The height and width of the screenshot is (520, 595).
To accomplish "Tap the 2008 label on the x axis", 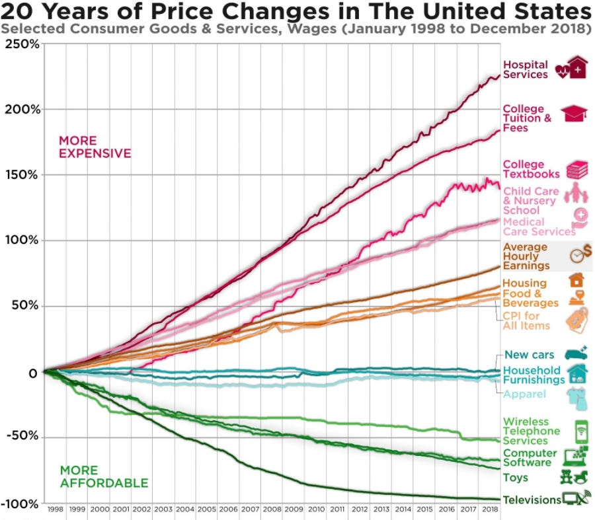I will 271,510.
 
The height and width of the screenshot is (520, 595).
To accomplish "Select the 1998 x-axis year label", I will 56,510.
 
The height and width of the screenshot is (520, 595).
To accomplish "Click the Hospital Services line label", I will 525,69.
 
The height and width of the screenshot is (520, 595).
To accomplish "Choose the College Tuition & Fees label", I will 527,118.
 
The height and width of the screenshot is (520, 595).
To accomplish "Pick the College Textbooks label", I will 531,169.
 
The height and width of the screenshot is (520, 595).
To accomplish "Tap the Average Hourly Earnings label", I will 526,256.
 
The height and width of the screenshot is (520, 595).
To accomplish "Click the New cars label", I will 529,355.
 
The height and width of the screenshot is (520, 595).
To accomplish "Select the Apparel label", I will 524,394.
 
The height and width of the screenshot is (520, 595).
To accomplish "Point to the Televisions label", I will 532,500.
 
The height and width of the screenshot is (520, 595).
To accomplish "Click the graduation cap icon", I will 575,114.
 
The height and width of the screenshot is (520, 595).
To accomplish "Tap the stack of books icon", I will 577,169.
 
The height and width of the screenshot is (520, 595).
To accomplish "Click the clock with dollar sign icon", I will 580,254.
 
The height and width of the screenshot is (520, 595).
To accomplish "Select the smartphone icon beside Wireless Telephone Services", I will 582,431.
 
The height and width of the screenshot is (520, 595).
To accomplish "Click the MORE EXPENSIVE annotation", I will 95,147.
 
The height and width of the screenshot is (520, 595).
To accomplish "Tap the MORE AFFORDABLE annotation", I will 104,476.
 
